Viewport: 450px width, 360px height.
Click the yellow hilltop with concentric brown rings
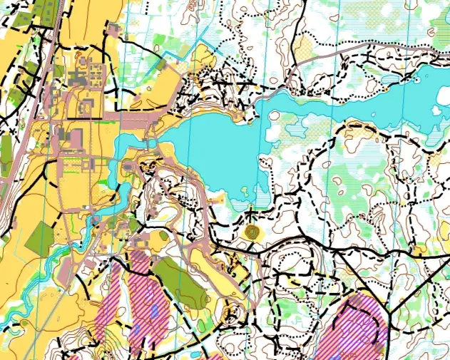(x=251, y=231)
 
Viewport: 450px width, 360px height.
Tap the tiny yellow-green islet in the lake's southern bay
(x=244, y=190)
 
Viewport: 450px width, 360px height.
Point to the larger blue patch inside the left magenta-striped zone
(x=154, y=311)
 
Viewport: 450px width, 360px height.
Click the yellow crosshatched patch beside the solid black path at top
(x=305, y=48)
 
